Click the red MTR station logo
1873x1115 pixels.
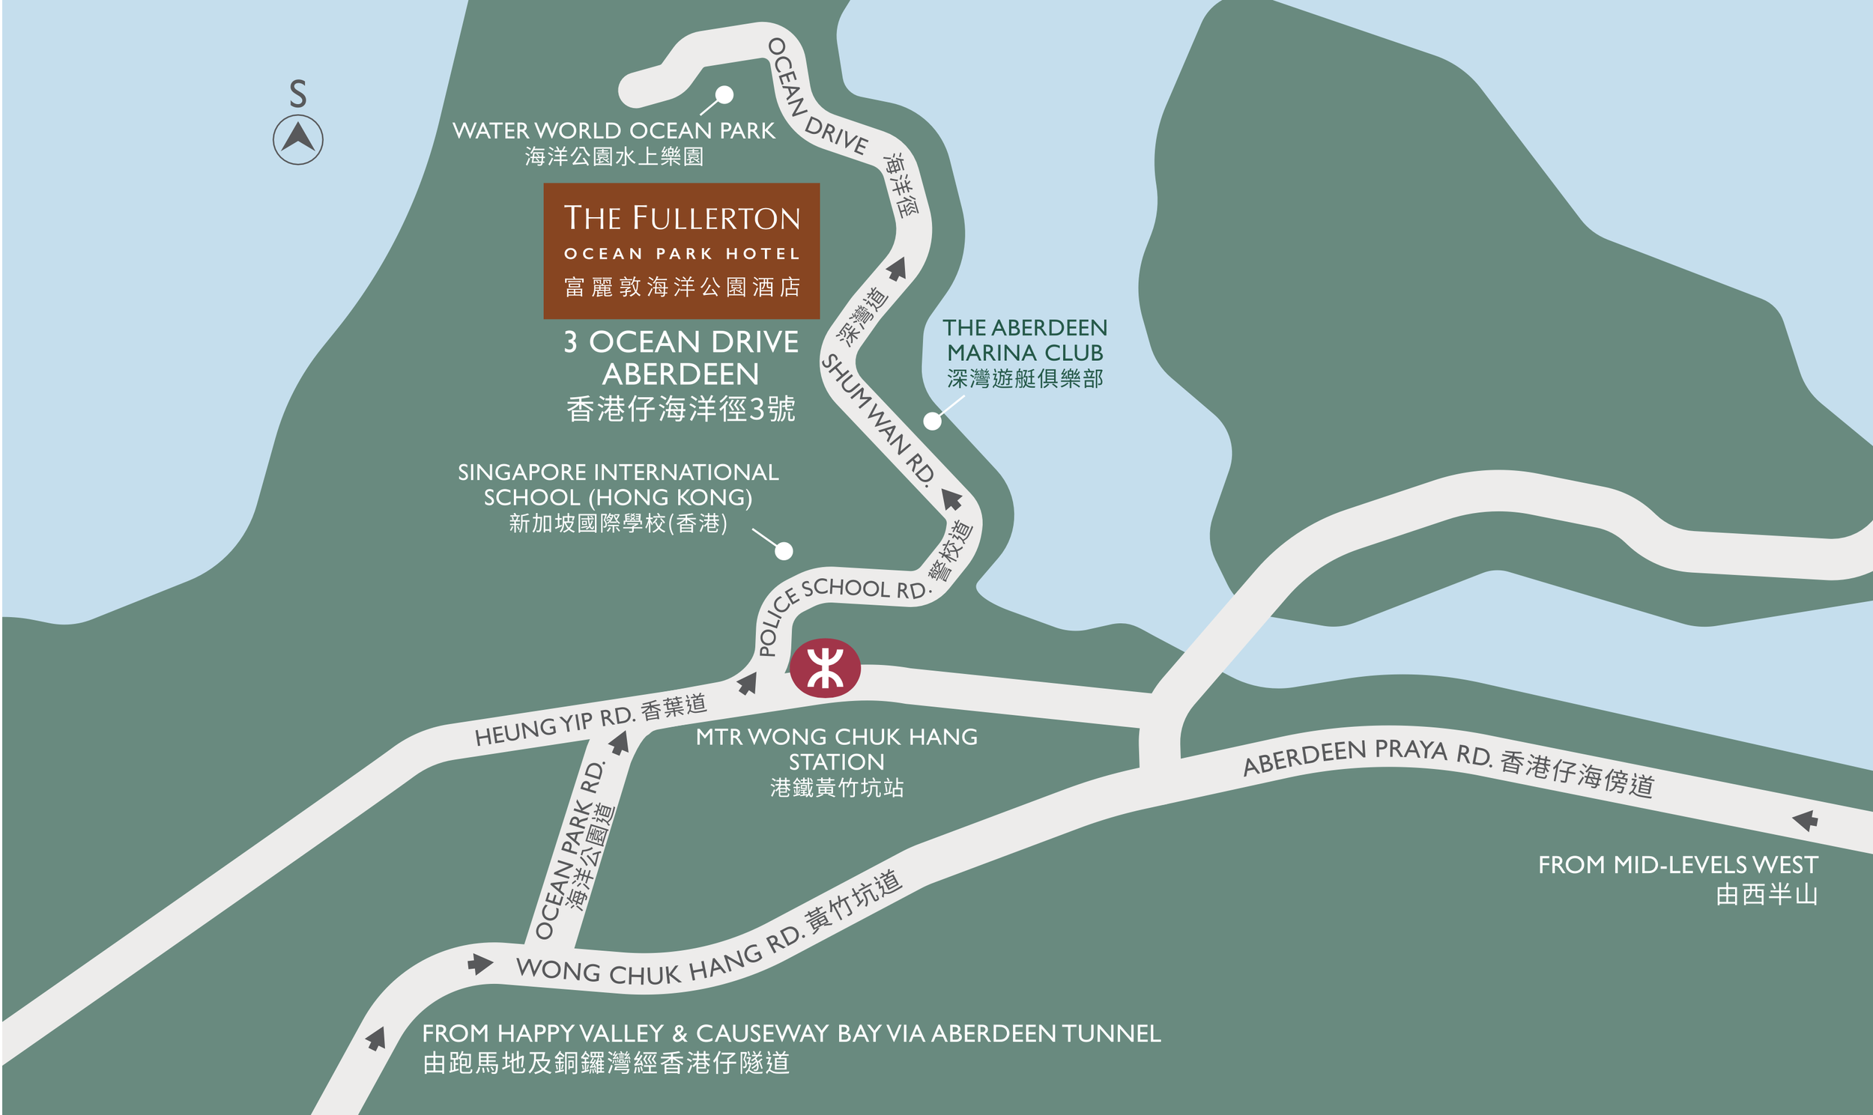pos(825,668)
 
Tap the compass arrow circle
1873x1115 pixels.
pos(297,140)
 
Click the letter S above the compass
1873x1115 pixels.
pos(297,94)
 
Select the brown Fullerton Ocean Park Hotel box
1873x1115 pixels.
pos(681,251)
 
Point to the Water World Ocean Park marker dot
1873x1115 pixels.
pos(724,94)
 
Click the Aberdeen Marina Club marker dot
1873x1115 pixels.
pos(932,421)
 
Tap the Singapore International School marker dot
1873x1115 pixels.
pos(784,551)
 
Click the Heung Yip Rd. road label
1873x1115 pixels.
pos(556,726)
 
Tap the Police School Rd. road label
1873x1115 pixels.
pos(835,601)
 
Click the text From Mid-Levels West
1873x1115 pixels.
pos(1677,865)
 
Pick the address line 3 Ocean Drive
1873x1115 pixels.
pos(681,342)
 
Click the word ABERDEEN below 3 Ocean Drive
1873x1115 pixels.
pos(681,374)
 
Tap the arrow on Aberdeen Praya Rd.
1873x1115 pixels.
pos(1806,820)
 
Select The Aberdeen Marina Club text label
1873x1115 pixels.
pos(1025,341)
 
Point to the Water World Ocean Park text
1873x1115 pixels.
pos(614,131)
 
